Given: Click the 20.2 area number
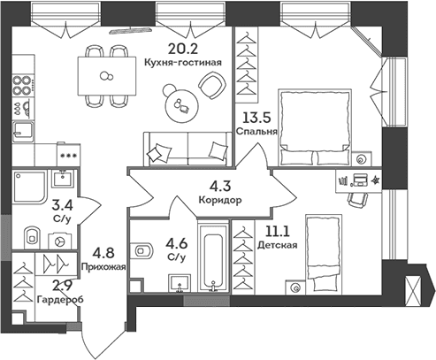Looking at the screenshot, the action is point(183,49).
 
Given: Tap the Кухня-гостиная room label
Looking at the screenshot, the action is point(183,63).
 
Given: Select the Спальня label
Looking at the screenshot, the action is point(256,131).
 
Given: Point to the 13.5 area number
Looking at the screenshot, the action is point(256,118).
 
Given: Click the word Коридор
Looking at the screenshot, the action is point(220,200).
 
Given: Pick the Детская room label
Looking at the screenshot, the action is point(278,245).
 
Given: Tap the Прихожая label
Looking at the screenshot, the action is point(103,267).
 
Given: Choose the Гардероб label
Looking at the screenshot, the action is point(60,300).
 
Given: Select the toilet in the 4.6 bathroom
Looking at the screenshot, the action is point(142,251).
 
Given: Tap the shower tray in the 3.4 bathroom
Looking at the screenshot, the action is point(29,188).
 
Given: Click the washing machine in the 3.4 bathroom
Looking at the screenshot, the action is point(59,241).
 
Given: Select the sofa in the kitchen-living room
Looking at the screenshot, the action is point(187,149).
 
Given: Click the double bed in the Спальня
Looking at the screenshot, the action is point(315,127).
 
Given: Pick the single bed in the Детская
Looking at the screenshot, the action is point(324,254).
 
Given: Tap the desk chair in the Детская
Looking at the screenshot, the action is point(357,200).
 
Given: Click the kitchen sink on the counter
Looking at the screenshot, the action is point(23,132).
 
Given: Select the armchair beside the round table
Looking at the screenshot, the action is point(211,86).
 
